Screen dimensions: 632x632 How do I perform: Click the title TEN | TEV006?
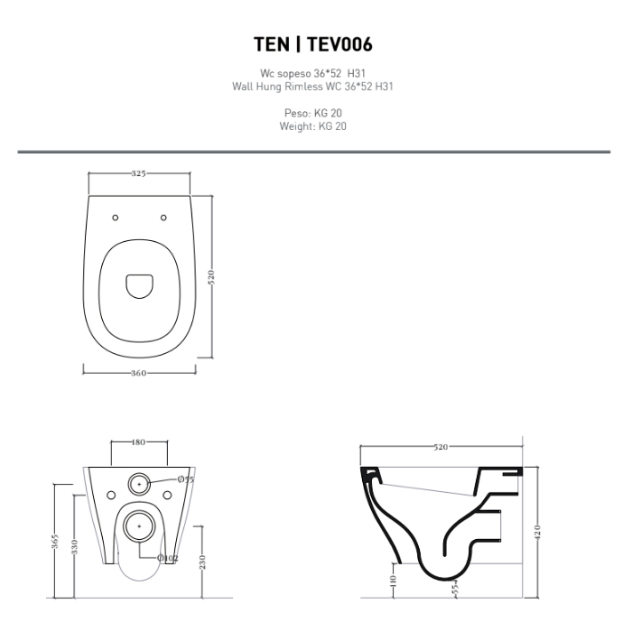[x=312, y=44]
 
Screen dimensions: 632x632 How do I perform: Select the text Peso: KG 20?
[x=312, y=113]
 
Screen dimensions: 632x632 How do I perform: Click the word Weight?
[x=297, y=126]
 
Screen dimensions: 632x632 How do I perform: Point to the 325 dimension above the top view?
[x=138, y=173]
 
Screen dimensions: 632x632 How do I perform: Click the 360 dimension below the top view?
[x=138, y=373]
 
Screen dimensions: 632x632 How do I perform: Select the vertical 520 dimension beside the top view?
[x=211, y=277]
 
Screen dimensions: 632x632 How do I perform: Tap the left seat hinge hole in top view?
[x=116, y=218]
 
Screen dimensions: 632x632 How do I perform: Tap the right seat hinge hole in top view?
[x=163, y=218]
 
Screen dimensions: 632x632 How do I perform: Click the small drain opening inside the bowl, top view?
[x=139, y=286]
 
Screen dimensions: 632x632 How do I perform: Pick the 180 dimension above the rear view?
[x=138, y=442]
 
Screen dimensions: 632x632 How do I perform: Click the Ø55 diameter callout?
[x=186, y=479]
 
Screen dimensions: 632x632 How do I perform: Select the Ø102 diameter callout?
[x=168, y=558]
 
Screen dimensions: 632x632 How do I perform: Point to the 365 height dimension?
[x=56, y=541]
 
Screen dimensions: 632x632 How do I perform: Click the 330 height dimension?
[x=75, y=546]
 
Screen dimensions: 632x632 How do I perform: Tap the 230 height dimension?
[x=202, y=562]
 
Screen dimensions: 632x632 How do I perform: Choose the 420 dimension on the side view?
[x=538, y=531]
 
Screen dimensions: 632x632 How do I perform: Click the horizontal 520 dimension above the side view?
[x=441, y=447]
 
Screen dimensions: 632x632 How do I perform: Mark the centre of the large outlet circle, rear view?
[x=139, y=526]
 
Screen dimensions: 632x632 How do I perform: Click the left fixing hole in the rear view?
[x=111, y=495]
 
